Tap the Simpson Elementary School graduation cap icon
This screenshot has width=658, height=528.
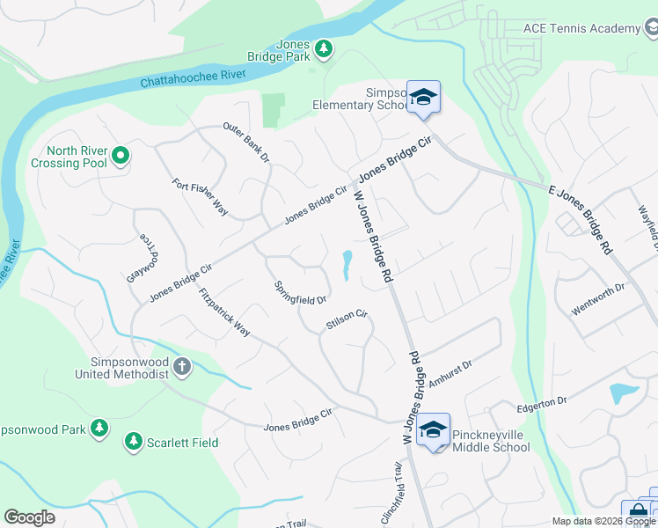click(423, 97)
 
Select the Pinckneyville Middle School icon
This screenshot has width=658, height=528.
click(433, 429)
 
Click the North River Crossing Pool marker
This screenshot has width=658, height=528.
click(121, 158)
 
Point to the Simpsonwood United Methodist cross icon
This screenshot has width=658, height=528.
click(182, 366)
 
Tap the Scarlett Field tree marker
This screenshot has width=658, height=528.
click(134, 439)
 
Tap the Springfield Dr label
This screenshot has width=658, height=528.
click(300, 293)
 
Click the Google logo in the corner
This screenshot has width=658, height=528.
click(30, 517)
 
